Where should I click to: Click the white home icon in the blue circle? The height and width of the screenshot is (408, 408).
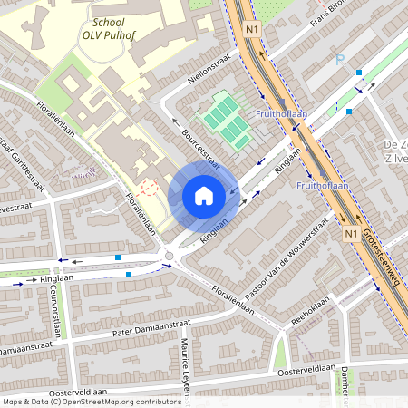point(204,195)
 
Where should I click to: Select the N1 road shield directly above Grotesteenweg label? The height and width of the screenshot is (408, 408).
point(350,233)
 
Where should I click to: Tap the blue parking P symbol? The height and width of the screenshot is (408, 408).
point(340,61)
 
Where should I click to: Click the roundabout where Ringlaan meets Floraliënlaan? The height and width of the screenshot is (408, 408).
point(170,257)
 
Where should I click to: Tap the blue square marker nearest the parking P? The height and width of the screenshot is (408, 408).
point(359,73)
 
